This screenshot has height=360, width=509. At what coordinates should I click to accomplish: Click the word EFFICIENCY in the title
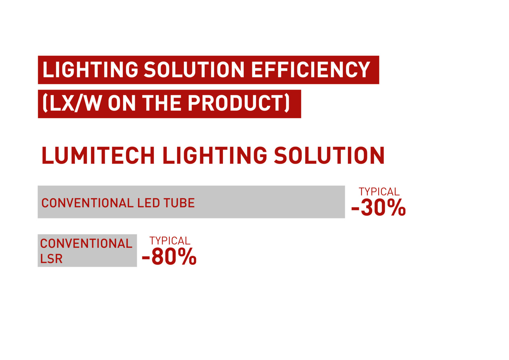(311, 70)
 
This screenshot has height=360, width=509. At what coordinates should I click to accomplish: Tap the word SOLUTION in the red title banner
(194, 70)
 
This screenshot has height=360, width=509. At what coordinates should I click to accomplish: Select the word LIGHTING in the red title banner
(90, 70)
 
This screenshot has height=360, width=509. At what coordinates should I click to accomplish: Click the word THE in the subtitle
(161, 103)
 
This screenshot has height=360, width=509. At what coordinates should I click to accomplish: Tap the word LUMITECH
(98, 156)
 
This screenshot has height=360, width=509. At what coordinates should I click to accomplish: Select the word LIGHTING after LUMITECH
(215, 156)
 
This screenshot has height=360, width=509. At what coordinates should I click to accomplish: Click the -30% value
(378, 208)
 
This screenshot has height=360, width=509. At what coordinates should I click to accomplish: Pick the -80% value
(169, 257)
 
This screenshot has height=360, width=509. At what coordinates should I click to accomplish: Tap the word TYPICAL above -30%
(379, 192)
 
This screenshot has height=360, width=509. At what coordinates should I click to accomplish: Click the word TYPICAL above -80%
(170, 241)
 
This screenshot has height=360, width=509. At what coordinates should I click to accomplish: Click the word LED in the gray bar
(148, 203)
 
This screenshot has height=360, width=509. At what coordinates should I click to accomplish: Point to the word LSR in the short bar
(51, 259)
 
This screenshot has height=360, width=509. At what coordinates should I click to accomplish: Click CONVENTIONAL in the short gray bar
(86, 244)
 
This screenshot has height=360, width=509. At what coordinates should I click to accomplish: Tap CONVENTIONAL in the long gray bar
(87, 203)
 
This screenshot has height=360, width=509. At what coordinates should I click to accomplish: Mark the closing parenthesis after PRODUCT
(287, 103)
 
